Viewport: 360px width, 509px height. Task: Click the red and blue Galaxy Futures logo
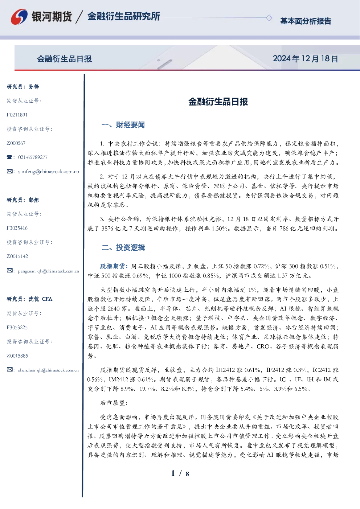click(x=19, y=17)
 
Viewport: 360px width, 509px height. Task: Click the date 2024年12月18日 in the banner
click(x=305, y=59)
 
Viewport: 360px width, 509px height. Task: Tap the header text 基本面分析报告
click(x=306, y=21)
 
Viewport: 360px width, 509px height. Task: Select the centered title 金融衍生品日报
click(x=218, y=102)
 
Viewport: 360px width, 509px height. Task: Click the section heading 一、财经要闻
click(x=123, y=125)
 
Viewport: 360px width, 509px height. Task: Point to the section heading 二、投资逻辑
click(x=123, y=247)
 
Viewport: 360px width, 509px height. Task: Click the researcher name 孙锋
click(x=34, y=87)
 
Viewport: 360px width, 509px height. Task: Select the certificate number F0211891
click(x=17, y=115)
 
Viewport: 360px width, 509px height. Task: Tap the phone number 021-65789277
click(x=33, y=157)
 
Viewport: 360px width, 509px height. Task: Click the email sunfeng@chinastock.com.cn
click(x=49, y=172)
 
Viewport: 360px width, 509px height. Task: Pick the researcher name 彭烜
click(x=34, y=200)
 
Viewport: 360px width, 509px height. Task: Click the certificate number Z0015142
click(x=17, y=256)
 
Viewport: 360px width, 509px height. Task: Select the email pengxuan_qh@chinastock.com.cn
click(x=48, y=271)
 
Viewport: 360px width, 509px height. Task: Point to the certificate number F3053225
click(x=17, y=328)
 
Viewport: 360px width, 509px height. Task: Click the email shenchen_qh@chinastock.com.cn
click(x=48, y=370)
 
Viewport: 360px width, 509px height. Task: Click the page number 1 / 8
click(x=180, y=473)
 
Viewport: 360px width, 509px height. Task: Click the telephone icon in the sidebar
click(x=9, y=157)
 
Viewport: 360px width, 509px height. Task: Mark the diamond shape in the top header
click(x=269, y=18)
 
